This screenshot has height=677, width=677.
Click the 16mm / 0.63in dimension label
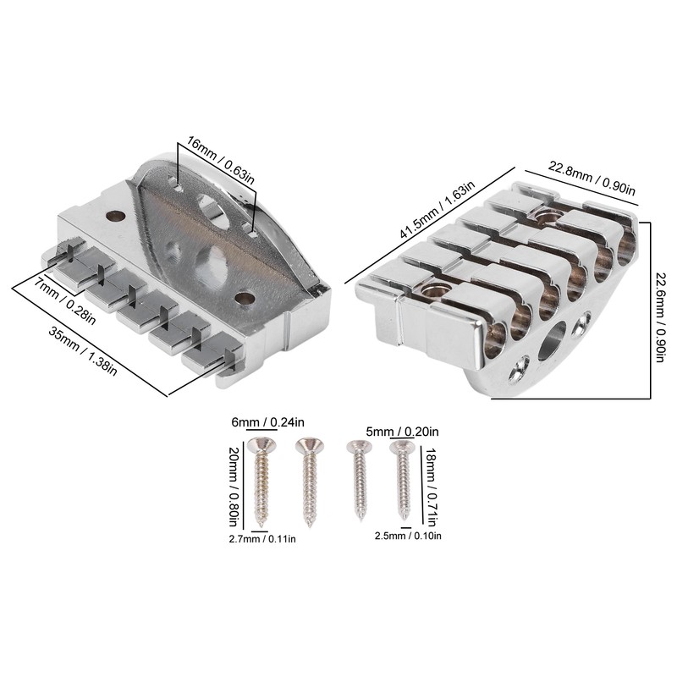pyautogui.click(x=221, y=161)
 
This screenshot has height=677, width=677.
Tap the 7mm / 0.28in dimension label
pyautogui.click(x=65, y=302)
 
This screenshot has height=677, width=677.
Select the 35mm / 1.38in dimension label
pyautogui.click(x=82, y=351)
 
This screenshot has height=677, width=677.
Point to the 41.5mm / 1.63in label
pyautogui.click(x=437, y=210)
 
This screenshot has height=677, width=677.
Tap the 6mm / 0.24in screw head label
pyautogui.click(x=267, y=421)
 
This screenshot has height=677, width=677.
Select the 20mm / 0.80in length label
pyautogui.click(x=233, y=486)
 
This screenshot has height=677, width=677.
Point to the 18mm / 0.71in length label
pyautogui.click(x=431, y=486)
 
